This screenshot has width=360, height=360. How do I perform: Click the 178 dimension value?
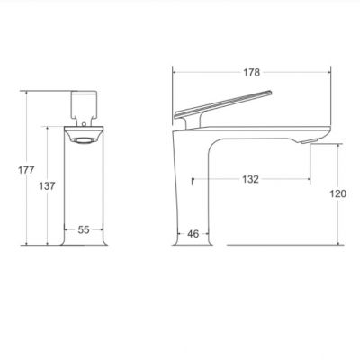[251, 73]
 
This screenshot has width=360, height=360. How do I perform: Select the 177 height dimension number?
[26, 170]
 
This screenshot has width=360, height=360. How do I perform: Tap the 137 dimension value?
[47, 186]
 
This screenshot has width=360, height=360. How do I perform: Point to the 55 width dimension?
[84, 229]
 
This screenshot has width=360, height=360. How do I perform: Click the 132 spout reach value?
[250, 179]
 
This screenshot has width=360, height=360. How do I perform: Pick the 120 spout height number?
[338, 194]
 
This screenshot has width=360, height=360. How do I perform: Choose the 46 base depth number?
[193, 234]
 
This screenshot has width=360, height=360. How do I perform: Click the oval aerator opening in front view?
[84, 140]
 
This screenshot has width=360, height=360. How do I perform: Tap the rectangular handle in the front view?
[84, 104]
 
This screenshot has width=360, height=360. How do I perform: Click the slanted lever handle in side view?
[223, 104]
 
